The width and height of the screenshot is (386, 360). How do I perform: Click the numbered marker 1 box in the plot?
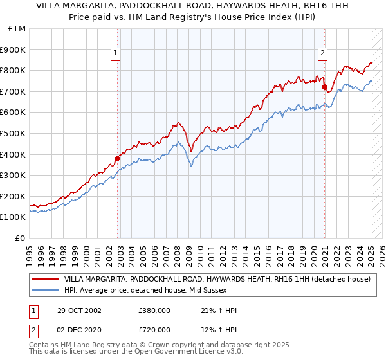tap(115, 54)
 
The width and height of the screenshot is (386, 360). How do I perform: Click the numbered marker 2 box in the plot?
tap(322, 54)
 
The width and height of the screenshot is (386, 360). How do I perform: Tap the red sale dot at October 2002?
tap(118, 158)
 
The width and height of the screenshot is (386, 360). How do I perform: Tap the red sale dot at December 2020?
tap(325, 87)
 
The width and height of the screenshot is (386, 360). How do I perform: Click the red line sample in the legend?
tap(44, 280)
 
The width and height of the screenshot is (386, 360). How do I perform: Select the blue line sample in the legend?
tap(44, 290)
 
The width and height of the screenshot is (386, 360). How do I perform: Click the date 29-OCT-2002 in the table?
tap(79, 310)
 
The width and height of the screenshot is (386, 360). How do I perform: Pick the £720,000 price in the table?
tap(154, 330)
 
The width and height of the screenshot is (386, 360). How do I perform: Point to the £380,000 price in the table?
tap(154, 310)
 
